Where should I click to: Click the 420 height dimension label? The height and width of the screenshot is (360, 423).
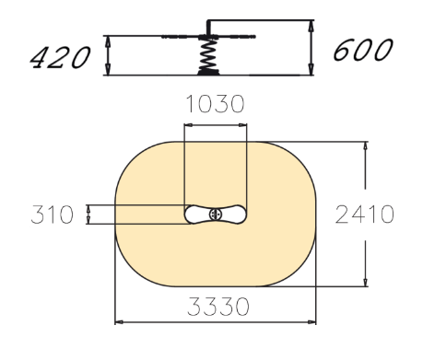pyautogui.click(x=60, y=57)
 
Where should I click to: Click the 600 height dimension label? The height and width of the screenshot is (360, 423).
pyautogui.click(x=363, y=50)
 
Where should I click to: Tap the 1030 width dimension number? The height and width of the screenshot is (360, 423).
pyautogui.click(x=216, y=104)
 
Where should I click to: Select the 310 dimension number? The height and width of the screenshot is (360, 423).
pyautogui.click(x=53, y=215)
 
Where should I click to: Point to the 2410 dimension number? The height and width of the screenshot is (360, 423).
pyautogui.click(x=365, y=215)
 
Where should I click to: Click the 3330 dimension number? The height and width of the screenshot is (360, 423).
pyautogui.click(x=218, y=307)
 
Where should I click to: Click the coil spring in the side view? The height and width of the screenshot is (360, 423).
pyautogui.click(x=208, y=55)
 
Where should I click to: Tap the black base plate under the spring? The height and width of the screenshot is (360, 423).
pyautogui.click(x=208, y=73)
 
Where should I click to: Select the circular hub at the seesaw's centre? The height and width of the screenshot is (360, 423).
pyautogui.click(x=216, y=215)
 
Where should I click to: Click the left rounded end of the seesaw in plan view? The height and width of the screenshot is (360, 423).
pyautogui.click(x=191, y=215)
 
